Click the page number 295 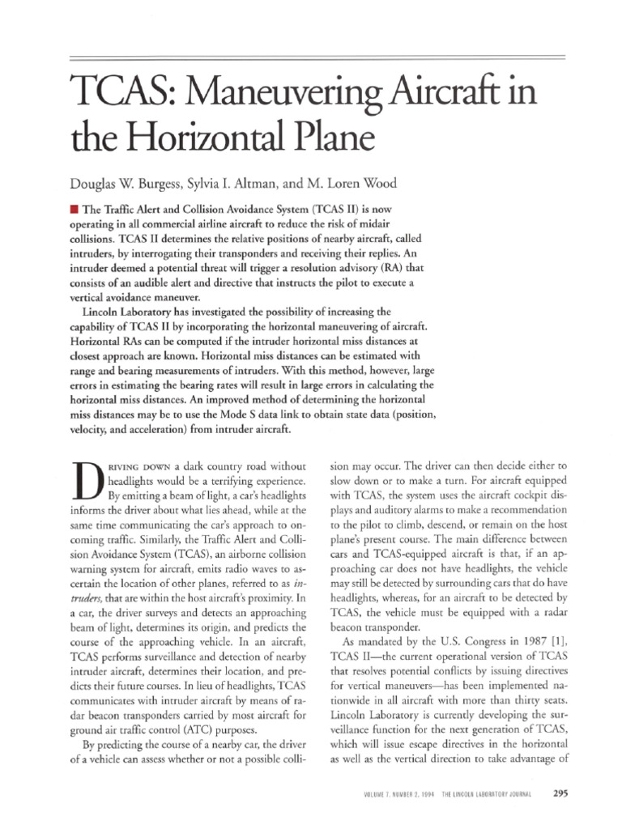click(x=560, y=793)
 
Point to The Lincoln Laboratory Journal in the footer click(x=496, y=794)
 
